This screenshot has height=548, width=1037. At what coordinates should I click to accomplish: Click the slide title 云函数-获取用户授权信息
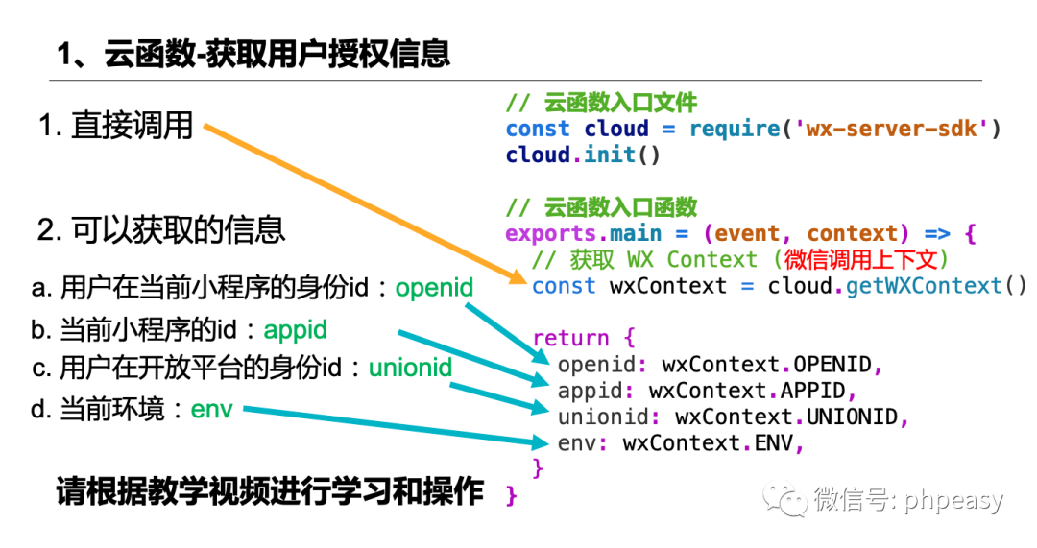click(x=253, y=53)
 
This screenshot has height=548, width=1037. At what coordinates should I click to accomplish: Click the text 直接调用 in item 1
click(x=132, y=126)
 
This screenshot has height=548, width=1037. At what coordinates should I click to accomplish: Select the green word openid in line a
click(x=435, y=287)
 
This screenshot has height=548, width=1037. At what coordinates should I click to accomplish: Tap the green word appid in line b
click(x=296, y=330)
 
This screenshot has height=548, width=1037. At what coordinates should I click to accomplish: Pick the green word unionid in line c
click(x=411, y=368)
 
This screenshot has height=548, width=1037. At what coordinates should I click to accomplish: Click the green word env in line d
click(x=211, y=410)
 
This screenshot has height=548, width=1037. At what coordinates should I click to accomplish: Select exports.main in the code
click(x=583, y=233)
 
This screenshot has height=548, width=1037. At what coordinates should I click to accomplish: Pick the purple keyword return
click(x=570, y=338)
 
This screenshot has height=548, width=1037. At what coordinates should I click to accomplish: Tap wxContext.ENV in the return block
click(x=711, y=443)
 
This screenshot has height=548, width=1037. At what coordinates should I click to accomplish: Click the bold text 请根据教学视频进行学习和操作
click(x=270, y=492)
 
